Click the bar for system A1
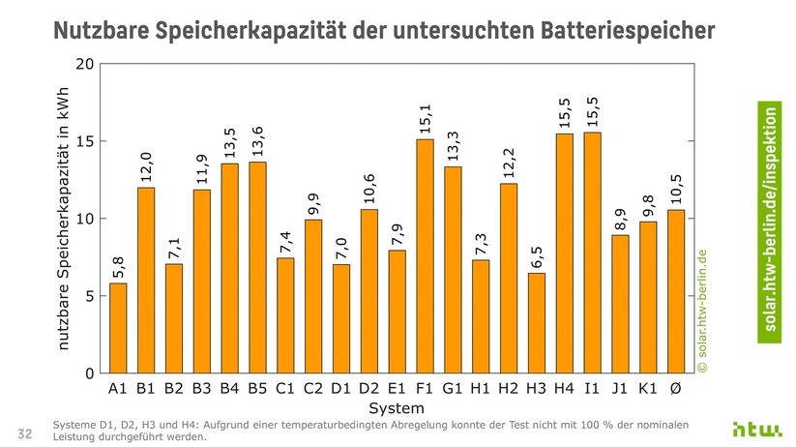pos(118,328)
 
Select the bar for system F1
pos(425,256)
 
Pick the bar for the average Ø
pos(676,291)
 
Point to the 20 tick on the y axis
pos(84,65)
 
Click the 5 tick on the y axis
pos(88,296)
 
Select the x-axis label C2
pos(313,390)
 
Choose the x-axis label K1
pos(648,390)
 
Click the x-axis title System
pos(396,409)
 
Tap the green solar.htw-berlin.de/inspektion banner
pos(771,219)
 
